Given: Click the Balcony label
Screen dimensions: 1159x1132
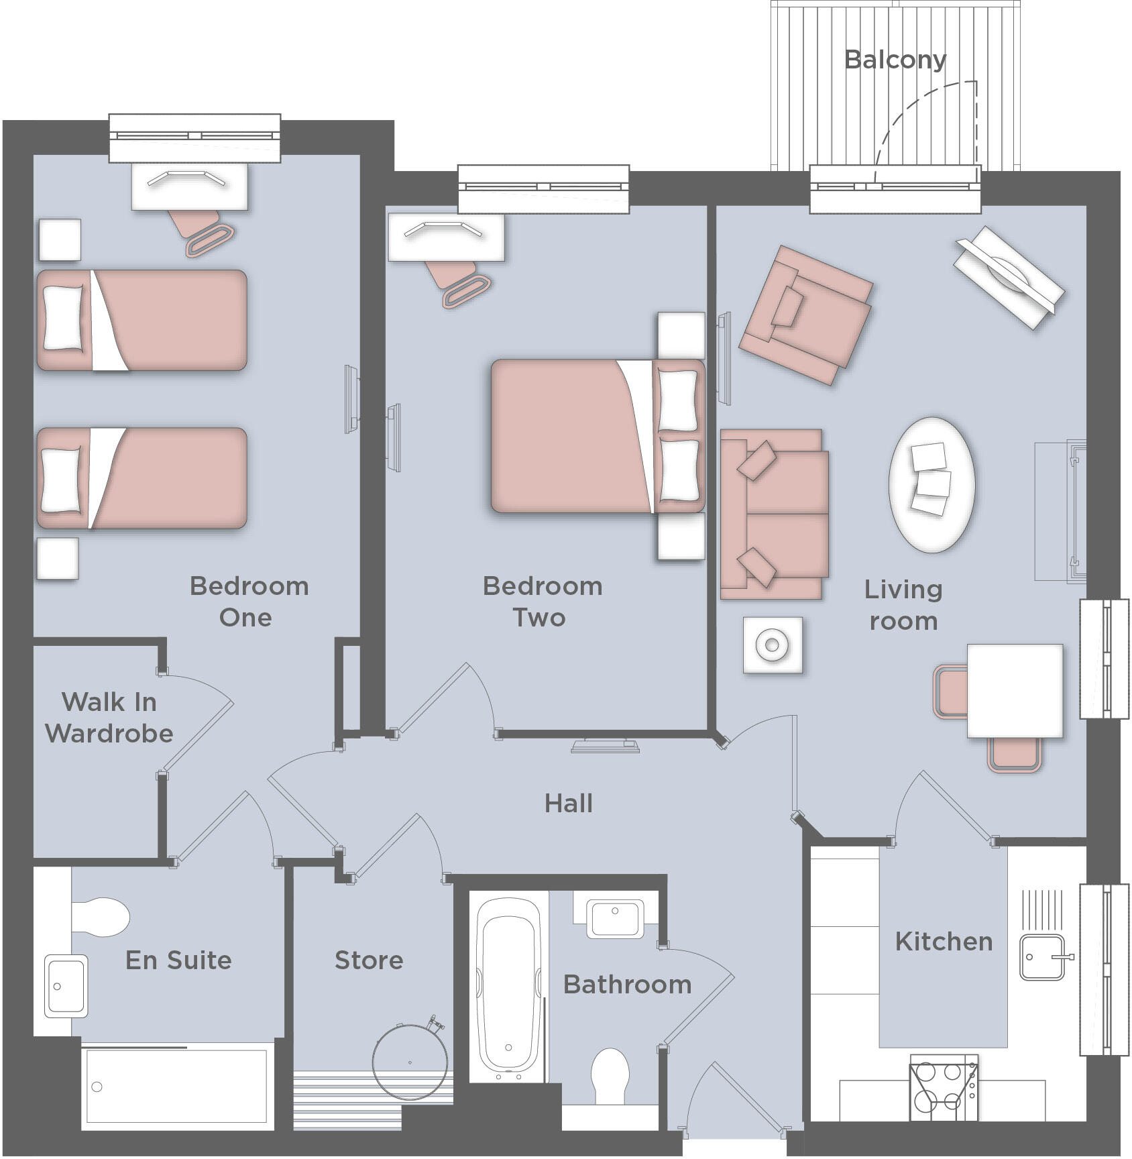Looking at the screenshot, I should pos(895,60).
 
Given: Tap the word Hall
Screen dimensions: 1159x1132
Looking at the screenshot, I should pos(569,803).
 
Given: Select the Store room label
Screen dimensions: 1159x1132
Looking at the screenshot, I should pos(369,960).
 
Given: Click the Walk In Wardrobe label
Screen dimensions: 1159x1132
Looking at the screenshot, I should pos(109,718).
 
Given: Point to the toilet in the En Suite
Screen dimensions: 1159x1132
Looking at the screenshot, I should pos(101,917).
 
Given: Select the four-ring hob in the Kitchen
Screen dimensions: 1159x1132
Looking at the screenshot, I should pos(942,1086).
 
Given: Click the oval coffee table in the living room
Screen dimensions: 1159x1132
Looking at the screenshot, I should pos(931,484).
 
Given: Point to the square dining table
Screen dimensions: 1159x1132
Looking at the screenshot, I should pos(1015,691).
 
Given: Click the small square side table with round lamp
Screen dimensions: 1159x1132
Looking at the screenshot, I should pos(772,645).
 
